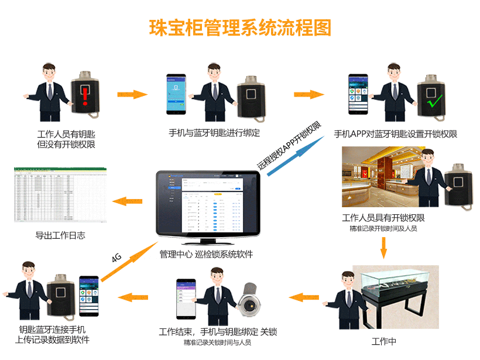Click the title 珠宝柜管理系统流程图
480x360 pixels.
point(240,28)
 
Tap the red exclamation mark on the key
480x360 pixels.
point(85,95)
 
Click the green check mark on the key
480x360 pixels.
point(434,102)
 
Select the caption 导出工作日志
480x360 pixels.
point(60,236)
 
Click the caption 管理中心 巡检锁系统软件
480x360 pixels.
point(206,255)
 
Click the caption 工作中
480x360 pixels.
point(384,341)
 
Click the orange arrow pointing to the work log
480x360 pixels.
point(127,201)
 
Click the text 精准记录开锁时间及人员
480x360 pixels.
point(383,228)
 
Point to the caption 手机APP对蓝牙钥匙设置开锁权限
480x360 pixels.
point(395,134)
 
